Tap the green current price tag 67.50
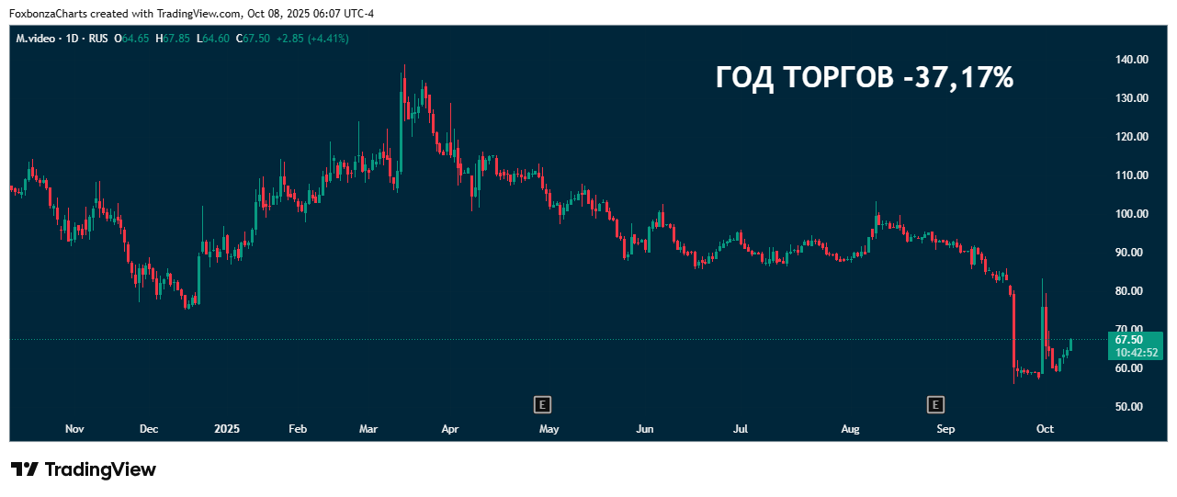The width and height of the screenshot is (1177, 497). click(1128, 340)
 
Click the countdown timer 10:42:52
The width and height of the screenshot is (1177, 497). click(1137, 353)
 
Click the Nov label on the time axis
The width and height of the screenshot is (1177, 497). click(75, 429)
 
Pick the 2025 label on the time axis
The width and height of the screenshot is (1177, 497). click(227, 429)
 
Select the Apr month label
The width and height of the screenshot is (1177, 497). click(450, 429)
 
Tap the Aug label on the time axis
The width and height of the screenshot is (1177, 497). click(851, 429)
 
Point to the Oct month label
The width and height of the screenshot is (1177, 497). click(1045, 429)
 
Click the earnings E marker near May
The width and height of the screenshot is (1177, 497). click(543, 404)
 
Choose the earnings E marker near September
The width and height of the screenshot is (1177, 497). click(935, 404)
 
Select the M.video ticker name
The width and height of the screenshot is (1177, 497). click(36, 39)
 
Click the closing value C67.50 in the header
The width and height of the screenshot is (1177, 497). click(253, 39)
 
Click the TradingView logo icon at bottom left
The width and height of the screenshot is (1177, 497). click(25, 469)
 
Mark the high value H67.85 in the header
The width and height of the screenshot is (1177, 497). click(173, 39)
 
